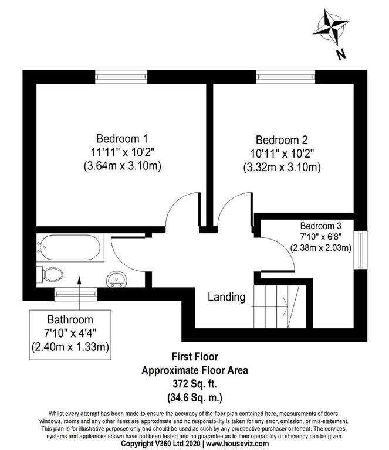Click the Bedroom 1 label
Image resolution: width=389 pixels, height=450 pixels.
point(122,139)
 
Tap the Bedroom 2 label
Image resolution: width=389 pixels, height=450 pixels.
point(282,140)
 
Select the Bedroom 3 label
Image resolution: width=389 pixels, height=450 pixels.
point(321,226)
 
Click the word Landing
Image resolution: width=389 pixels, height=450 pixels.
point(226,297)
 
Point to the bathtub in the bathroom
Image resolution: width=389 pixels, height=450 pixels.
point(70,247)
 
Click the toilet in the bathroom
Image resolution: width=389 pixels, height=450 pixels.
point(50,275)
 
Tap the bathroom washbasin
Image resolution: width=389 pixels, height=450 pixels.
point(117,279)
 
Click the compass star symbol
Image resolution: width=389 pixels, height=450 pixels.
point(330,27)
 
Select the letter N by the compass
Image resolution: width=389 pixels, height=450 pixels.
point(341,54)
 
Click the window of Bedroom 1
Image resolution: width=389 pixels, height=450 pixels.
point(121,77)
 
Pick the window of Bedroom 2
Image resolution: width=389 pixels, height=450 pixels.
point(286,77)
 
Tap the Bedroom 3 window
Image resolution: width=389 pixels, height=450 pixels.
point(360,250)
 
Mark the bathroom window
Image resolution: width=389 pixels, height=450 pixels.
point(76,294)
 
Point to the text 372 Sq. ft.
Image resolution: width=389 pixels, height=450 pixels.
point(195,383)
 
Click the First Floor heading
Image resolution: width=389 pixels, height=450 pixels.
point(195,357)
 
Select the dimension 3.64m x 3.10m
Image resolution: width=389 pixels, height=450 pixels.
point(122,166)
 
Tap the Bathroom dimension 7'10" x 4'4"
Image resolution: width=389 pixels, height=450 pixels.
point(70,333)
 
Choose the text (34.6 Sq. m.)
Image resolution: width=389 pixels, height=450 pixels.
point(195,398)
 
